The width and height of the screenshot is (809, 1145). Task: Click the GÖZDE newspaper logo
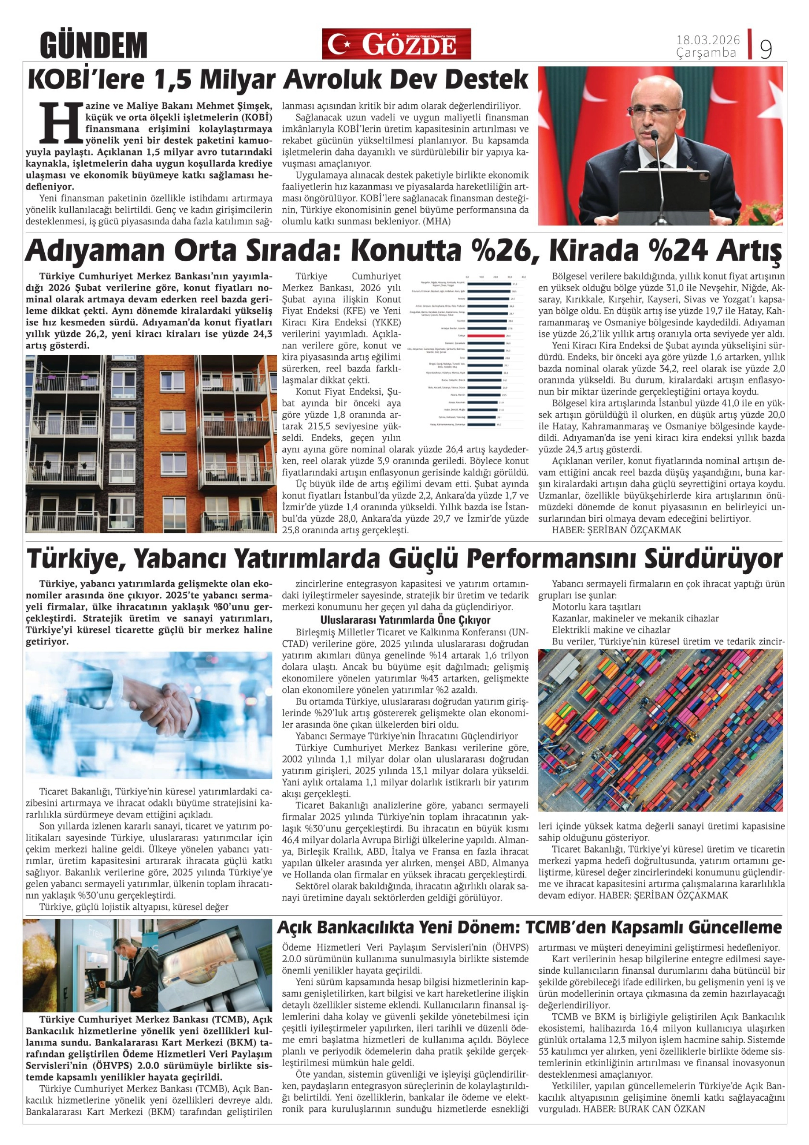tap(396, 44)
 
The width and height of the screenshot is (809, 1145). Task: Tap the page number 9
tap(766, 49)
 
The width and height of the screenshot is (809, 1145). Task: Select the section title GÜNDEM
tap(94, 45)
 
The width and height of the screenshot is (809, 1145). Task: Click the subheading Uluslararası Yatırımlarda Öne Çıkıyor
tap(405, 620)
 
